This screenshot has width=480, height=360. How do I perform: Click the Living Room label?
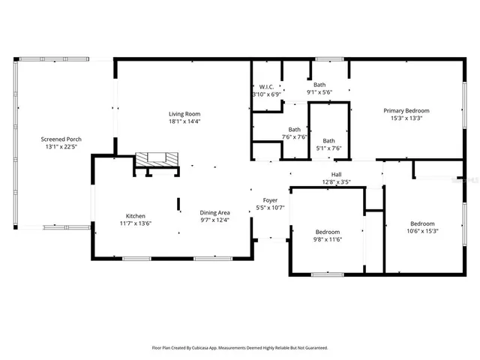pos(184,113)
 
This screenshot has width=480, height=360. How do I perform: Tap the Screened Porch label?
pos(61,139)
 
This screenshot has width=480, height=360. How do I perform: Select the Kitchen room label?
pos(136,215)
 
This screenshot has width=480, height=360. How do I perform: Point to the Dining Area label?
pos(214,212)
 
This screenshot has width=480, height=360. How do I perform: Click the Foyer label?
pos(266,199)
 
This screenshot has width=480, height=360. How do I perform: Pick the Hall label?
pos(337,174)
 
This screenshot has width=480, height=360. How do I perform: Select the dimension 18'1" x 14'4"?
pos(184,121)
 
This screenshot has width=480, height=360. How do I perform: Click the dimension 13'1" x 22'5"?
pos(61,147)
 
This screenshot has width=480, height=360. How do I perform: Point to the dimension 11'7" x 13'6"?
pos(136,223)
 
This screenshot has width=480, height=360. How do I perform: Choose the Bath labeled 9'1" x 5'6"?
pos(319,85)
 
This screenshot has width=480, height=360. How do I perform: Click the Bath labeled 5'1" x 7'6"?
pos(328,140)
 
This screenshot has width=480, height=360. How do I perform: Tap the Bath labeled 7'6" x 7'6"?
pos(295,129)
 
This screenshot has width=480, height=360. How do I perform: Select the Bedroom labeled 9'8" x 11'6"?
pos(327,232)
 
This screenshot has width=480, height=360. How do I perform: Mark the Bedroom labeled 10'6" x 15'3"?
pos(421,223)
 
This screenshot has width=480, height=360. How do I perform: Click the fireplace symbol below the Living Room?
pos(157,158)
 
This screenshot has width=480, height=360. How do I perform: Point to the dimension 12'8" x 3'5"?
pos(337,181)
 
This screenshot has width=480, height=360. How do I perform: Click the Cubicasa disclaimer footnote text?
pos(240,348)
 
